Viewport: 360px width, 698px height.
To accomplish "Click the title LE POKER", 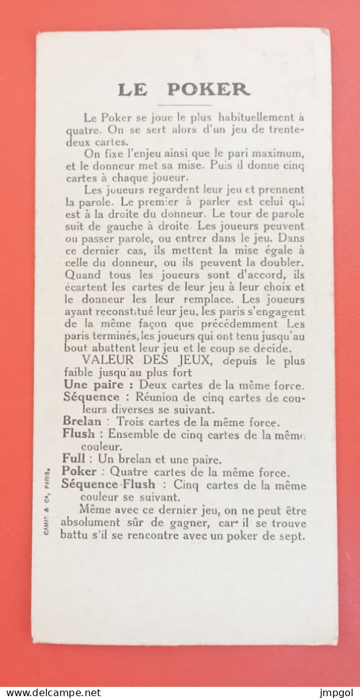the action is [x=183, y=89].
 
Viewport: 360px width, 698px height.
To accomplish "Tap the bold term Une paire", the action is [x=89, y=385].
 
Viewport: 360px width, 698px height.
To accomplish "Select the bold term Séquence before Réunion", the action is [x=91, y=397].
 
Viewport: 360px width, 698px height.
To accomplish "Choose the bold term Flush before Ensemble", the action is [x=79, y=434].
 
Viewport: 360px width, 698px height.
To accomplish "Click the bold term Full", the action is [x=73, y=459].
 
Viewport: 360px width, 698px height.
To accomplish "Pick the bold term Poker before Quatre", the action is [x=80, y=472].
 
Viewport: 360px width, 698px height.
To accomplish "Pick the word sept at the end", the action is [x=293, y=536].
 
